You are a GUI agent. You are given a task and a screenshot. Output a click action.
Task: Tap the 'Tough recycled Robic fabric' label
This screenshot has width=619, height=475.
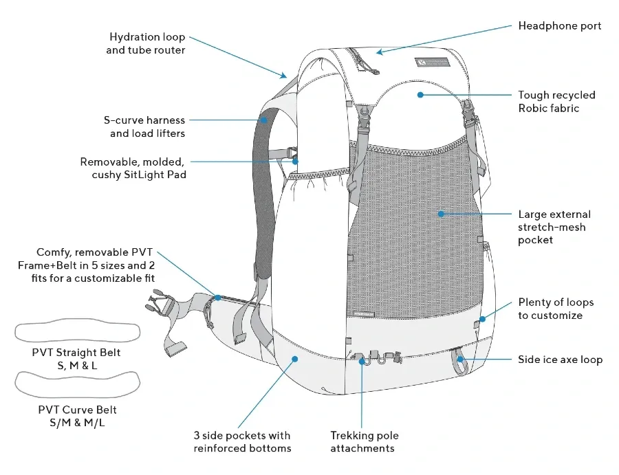(556, 102)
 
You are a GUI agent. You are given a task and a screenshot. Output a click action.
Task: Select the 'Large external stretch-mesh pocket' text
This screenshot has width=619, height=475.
(554, 227)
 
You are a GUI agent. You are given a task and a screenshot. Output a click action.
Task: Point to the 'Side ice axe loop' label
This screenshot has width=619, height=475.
(560, 360)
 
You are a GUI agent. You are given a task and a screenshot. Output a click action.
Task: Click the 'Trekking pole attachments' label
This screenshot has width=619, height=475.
(364, 442)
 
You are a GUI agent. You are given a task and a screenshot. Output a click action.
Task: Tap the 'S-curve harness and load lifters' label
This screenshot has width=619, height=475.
(141, 127)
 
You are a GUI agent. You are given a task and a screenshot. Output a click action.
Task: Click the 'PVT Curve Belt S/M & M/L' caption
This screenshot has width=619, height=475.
(77, 416)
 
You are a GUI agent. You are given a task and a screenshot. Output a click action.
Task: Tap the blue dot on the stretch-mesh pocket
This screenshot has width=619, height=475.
(440, 214)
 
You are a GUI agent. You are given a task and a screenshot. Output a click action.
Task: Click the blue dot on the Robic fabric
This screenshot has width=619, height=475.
(419, 94)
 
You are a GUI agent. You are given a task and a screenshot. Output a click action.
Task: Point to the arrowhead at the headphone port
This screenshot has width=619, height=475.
(379, 52)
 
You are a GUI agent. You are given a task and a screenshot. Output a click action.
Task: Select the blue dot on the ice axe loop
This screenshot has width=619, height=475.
(460, 360)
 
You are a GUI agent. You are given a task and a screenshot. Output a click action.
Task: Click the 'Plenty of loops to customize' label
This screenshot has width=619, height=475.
(556, 309)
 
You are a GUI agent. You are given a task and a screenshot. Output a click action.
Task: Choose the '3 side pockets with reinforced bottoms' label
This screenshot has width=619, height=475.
(241, 442)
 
